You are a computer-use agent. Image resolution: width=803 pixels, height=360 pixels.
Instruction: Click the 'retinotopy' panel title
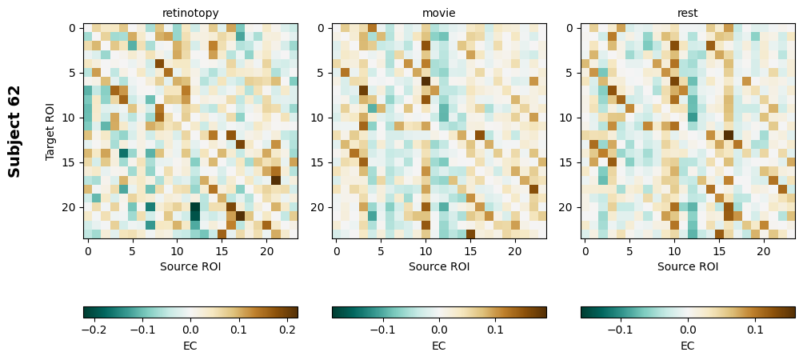pos(190,13)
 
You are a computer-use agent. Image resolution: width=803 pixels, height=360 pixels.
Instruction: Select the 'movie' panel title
pos(439,13)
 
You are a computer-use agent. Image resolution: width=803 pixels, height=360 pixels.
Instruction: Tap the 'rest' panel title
pos(688,13)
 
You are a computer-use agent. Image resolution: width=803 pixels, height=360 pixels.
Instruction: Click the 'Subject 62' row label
pos(14,130)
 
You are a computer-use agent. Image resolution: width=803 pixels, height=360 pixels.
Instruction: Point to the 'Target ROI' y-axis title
pos(50,130)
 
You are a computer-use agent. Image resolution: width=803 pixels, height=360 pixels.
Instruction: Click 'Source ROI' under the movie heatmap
pos(439,266)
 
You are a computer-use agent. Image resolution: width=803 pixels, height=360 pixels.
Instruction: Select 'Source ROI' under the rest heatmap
pos(688,266)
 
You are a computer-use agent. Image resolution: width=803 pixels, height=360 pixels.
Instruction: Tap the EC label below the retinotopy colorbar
pos(190,346)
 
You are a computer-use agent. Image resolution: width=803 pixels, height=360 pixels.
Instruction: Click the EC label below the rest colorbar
pos(688,346)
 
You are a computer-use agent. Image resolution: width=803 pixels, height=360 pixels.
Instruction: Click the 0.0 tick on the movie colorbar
pos(439,329)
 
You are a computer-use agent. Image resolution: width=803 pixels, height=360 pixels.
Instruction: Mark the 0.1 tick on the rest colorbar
pos(755,329)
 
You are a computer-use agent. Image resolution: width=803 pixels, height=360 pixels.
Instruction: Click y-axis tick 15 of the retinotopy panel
pos(71,162)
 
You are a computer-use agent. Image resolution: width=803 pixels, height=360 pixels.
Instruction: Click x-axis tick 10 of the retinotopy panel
pos(178,251)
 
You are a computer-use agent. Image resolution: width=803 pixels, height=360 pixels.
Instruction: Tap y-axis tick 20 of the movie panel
pos(320,207)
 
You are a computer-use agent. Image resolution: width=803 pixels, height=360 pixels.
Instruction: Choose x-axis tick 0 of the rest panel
pos(585,251)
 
